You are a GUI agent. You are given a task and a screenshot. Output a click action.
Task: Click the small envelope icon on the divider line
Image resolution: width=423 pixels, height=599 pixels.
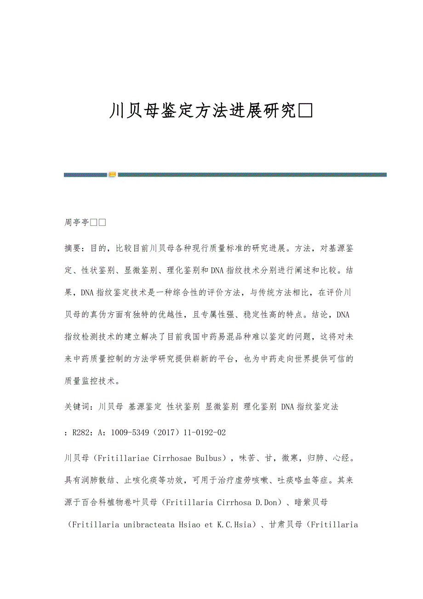click(112, 175)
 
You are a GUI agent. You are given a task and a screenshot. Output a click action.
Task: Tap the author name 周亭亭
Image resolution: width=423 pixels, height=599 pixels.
click(77, 223)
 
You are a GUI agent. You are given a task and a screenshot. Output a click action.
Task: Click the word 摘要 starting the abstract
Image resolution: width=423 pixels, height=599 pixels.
click(73, 248)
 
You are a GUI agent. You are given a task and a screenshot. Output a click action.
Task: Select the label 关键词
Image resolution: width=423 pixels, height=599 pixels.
click(77, 407)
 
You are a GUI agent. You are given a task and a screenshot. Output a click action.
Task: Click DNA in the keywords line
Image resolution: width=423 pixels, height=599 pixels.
click(287, 407)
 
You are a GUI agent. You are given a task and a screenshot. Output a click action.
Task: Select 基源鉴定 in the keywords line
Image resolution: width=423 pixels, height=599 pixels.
click(145, 407)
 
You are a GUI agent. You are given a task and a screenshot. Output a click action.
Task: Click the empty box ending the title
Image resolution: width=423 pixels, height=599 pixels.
click(306, 111)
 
